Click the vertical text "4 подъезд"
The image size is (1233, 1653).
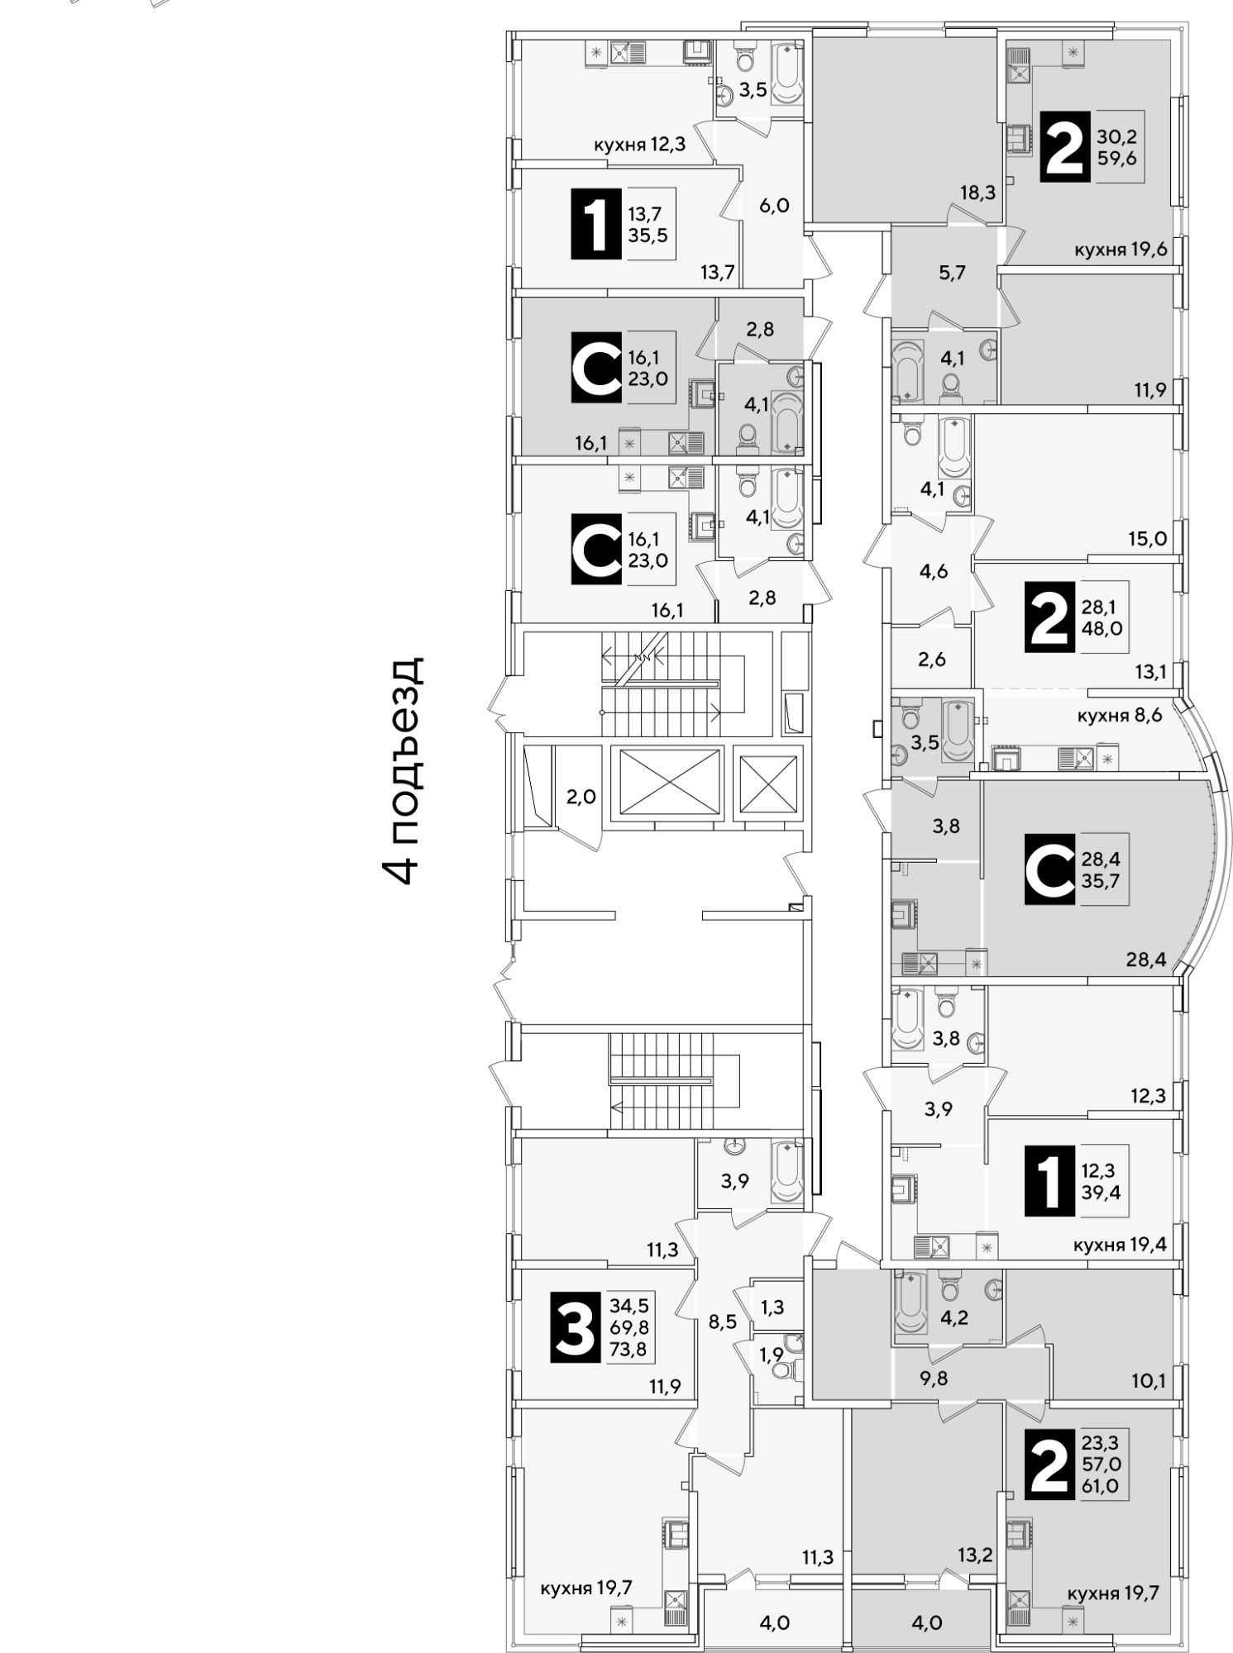404,770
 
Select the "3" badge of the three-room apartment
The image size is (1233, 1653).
574,1328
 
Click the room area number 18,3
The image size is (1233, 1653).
977,193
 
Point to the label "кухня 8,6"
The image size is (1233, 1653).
1120,715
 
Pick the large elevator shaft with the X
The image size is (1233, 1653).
666,782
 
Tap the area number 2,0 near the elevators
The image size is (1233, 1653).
581,797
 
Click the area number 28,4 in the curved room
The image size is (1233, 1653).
1145,960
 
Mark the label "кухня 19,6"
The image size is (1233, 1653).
1121,250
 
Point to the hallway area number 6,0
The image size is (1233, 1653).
774,205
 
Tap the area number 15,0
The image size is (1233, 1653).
1147,539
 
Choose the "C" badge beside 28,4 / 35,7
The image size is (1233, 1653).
1049,869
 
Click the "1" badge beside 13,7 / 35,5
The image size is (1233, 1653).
595,223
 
